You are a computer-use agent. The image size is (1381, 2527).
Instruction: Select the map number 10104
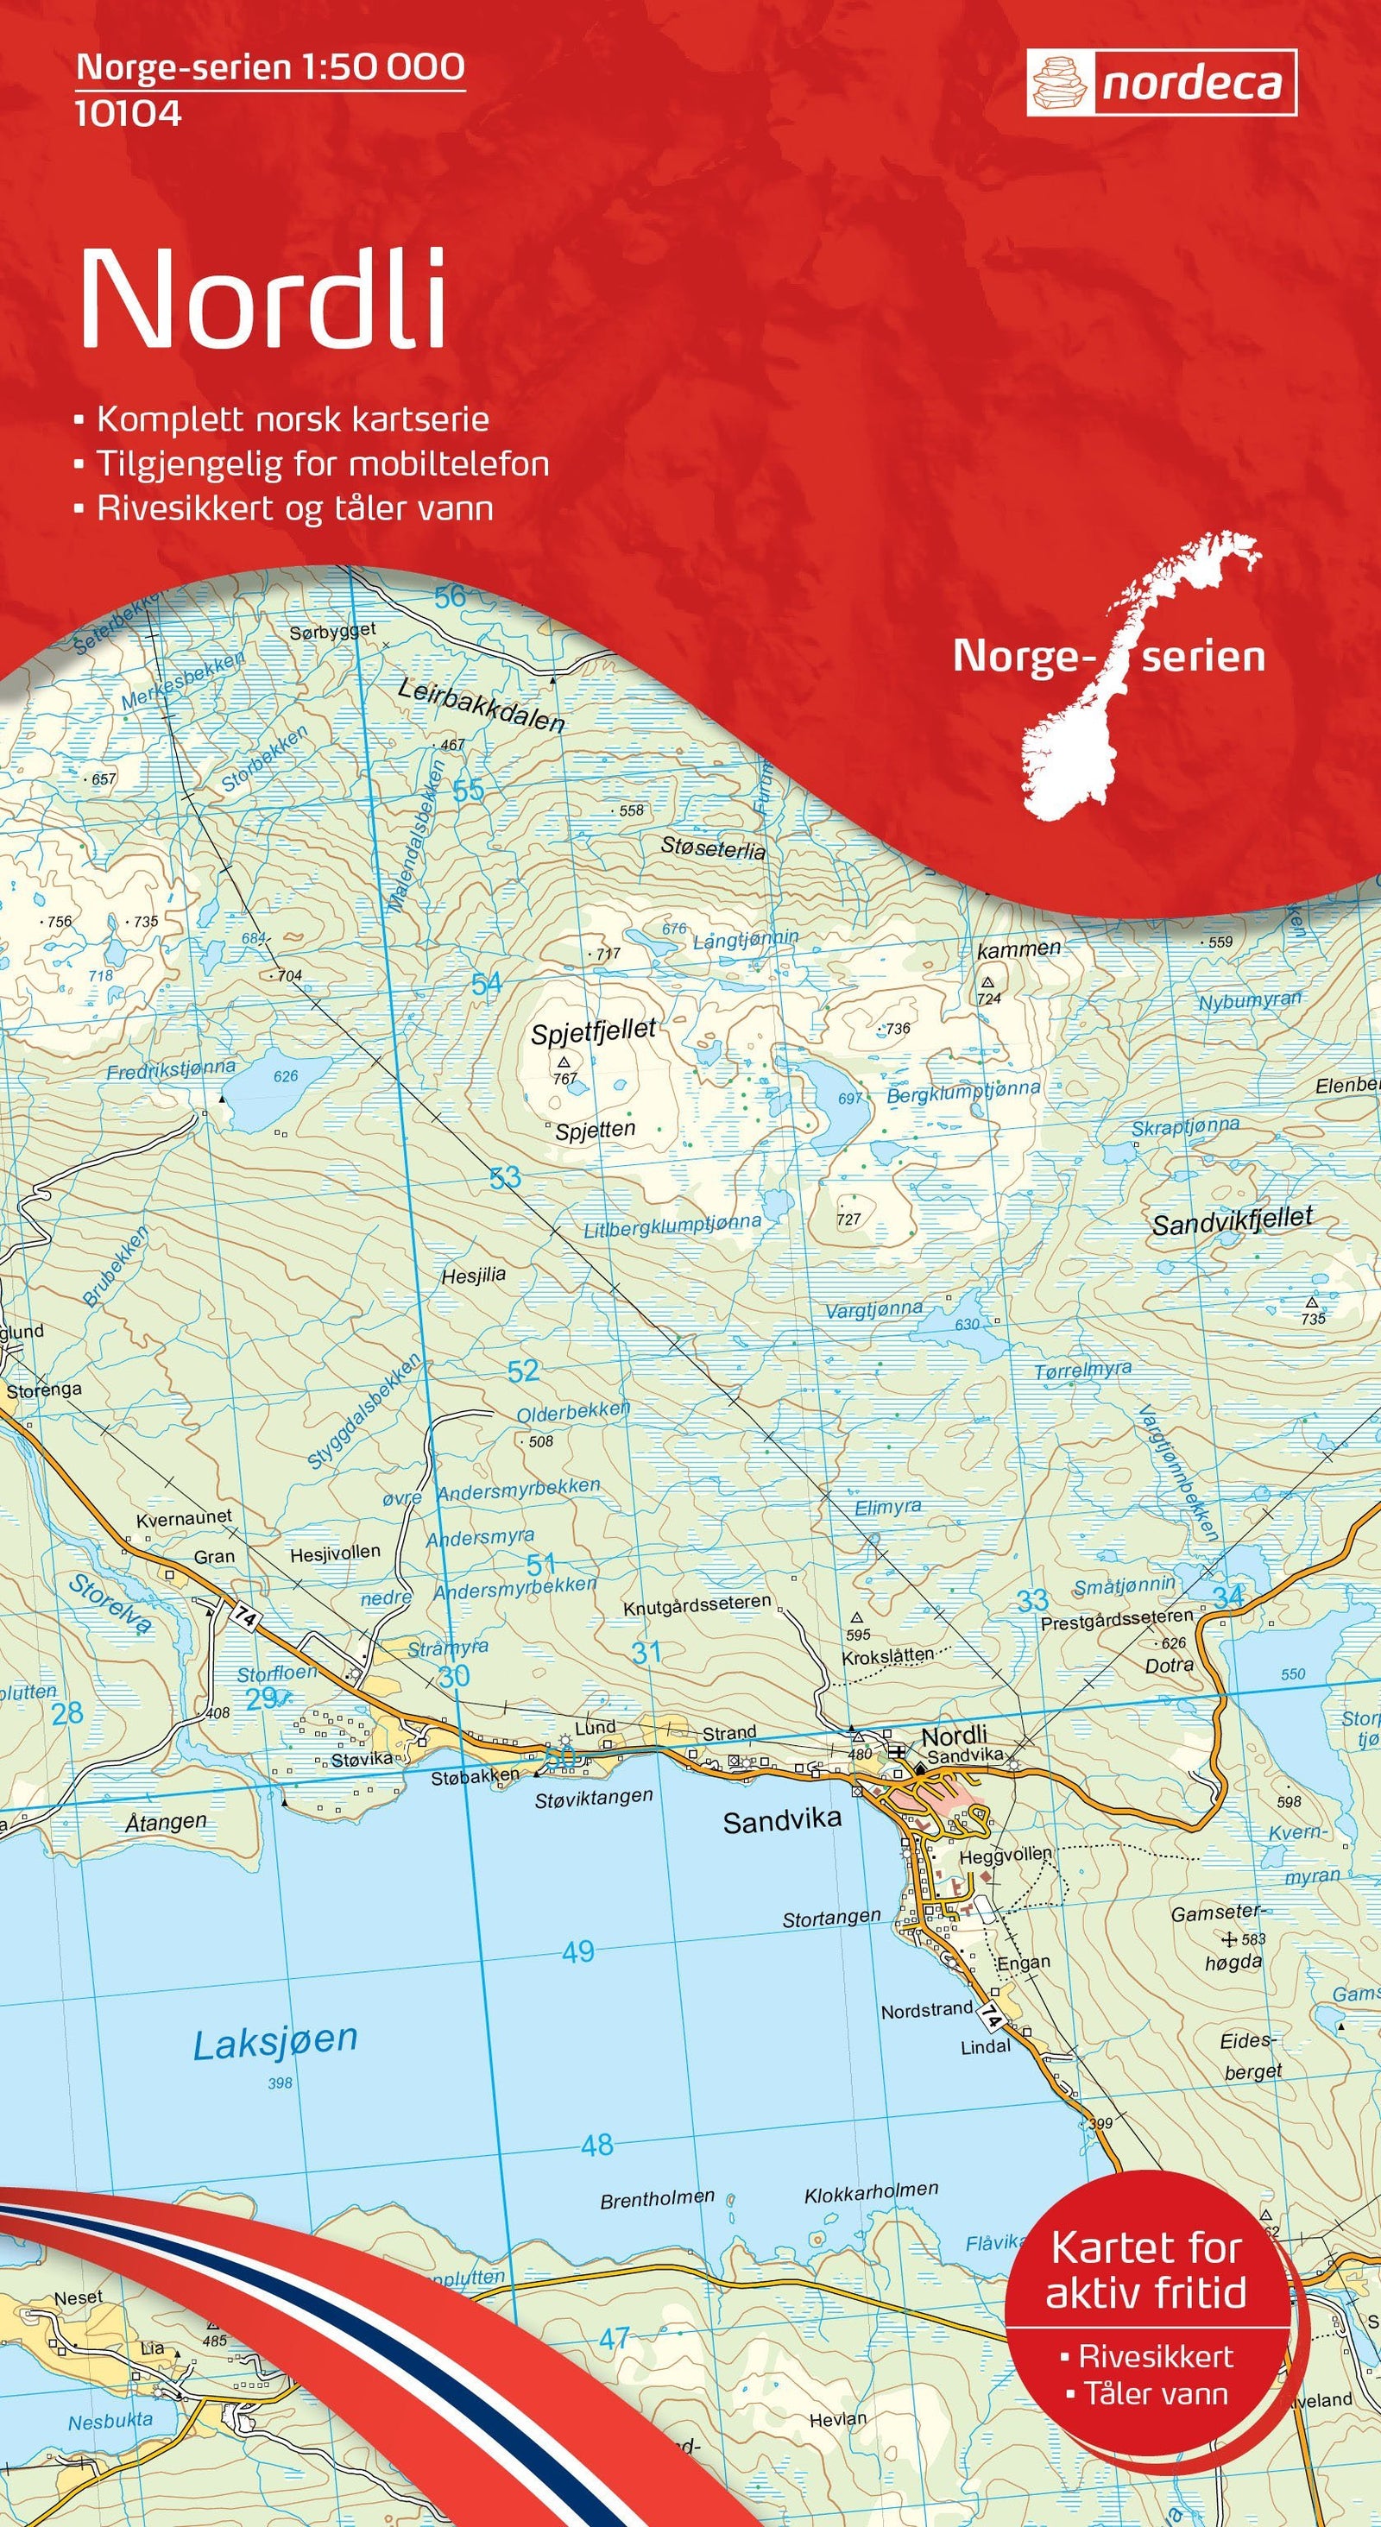point(129,115)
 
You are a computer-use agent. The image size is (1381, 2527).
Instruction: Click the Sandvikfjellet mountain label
point(1231,1221)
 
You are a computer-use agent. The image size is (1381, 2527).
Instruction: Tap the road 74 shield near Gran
point(245,1618)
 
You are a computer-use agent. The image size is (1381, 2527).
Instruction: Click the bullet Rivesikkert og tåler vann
point(294,508)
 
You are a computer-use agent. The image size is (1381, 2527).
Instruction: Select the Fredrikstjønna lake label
point(171,1069)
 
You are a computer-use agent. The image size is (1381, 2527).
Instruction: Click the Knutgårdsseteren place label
point(697,1606)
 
